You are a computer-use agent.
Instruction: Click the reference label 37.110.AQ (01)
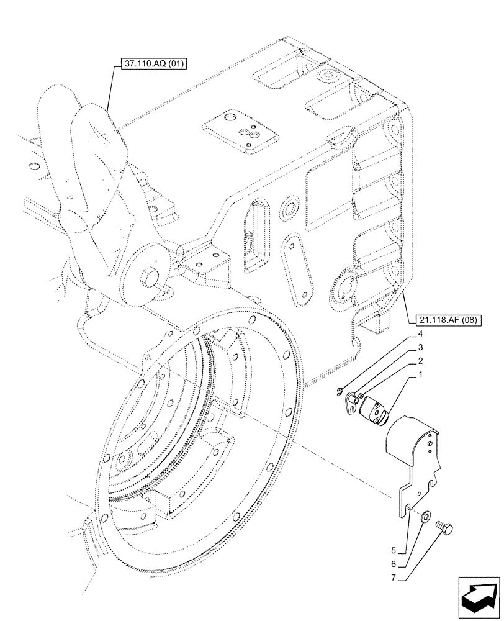coord(151,63)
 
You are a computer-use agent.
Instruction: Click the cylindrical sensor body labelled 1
coord(376,407)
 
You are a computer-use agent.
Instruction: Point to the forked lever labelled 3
coord(351,400)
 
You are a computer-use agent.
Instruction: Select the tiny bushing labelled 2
coord(361,396)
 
